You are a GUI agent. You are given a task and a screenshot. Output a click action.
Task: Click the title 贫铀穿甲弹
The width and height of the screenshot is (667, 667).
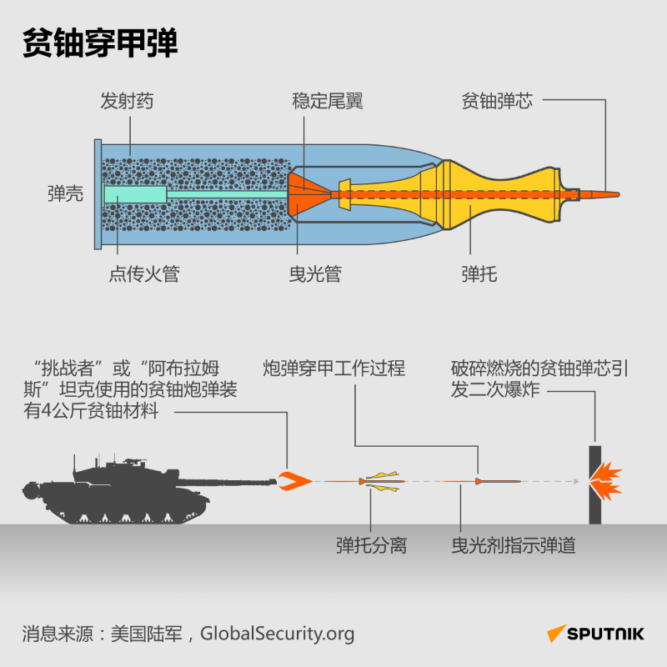click(100, 44)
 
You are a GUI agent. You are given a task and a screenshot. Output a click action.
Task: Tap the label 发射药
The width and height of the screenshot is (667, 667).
click(127, 102)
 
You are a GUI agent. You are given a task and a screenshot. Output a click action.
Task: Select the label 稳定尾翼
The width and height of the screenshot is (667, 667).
click(328, 102)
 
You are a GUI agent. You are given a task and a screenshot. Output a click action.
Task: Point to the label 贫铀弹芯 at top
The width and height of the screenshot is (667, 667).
click(497, 102)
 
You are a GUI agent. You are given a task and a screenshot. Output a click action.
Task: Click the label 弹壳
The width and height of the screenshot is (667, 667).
click(64, 194)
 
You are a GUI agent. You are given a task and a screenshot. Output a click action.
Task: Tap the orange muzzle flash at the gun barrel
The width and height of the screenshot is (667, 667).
click(294, 480)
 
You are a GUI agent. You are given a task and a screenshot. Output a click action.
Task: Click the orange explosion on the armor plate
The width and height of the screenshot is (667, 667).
click(607, 482)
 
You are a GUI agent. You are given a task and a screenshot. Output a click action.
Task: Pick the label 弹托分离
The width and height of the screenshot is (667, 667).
click(371, 546)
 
